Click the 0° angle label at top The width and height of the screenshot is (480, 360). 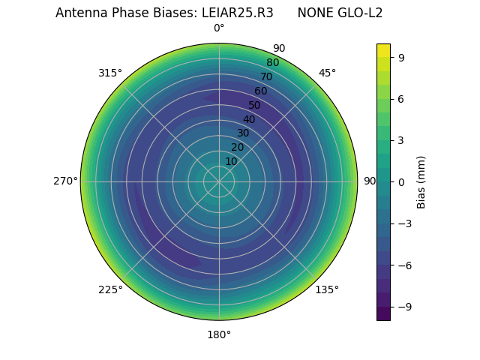point(219,28)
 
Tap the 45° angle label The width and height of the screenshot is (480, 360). point(327,73)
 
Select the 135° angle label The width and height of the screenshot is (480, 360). point(326,289)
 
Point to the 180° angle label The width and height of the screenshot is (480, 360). point(219,334)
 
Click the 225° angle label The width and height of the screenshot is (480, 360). point(110,289)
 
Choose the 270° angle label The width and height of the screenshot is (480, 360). point(65,181)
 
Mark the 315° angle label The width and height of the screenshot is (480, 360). point(110,73)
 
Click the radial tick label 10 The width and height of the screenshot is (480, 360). point(231,161)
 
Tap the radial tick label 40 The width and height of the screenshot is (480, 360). point(249,119)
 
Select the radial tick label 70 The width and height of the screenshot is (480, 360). point(266,76)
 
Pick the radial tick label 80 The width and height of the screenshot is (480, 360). point(272,63)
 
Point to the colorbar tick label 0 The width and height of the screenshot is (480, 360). point(401,181)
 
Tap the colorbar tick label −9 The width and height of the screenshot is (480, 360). point(404,307)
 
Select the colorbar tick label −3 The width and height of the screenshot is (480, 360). point(404,223)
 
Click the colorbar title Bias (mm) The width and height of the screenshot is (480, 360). point(421,181)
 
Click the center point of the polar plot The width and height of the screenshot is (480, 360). point(219,181)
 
